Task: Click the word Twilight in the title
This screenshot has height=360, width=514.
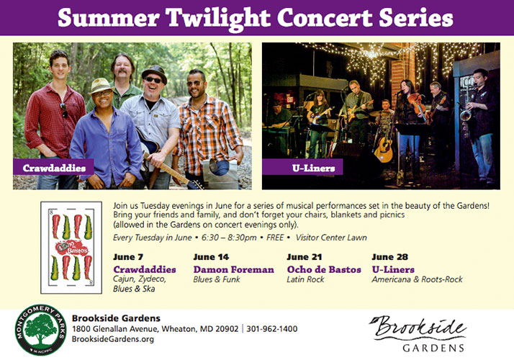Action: click(219, 18)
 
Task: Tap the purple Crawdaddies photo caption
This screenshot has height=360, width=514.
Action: click(53, 167)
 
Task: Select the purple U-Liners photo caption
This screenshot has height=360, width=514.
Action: click(302, 167)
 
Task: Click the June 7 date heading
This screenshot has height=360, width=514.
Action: click(128, 257)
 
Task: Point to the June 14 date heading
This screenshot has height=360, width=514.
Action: click(211, 257)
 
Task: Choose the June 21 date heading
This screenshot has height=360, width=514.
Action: click(305, 257)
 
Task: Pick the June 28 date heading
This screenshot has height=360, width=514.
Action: click(389, 257)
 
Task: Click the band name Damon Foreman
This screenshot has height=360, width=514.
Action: click(233, 269)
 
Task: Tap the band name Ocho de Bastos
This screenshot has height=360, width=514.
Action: click(324, 269)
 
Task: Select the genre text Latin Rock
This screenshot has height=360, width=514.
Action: click(305, 279)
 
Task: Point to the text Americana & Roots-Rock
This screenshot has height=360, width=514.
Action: click(417, 279)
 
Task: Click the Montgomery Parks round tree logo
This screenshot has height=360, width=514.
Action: click(40, 330)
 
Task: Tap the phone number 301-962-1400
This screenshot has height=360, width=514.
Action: click(271, 329)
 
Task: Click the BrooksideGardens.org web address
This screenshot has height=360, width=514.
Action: click(113, 339)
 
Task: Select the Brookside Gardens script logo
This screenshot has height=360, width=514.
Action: click(418, 333)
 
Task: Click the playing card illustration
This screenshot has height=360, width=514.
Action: click(71, 248)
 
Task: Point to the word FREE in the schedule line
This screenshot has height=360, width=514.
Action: click(275, 238)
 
